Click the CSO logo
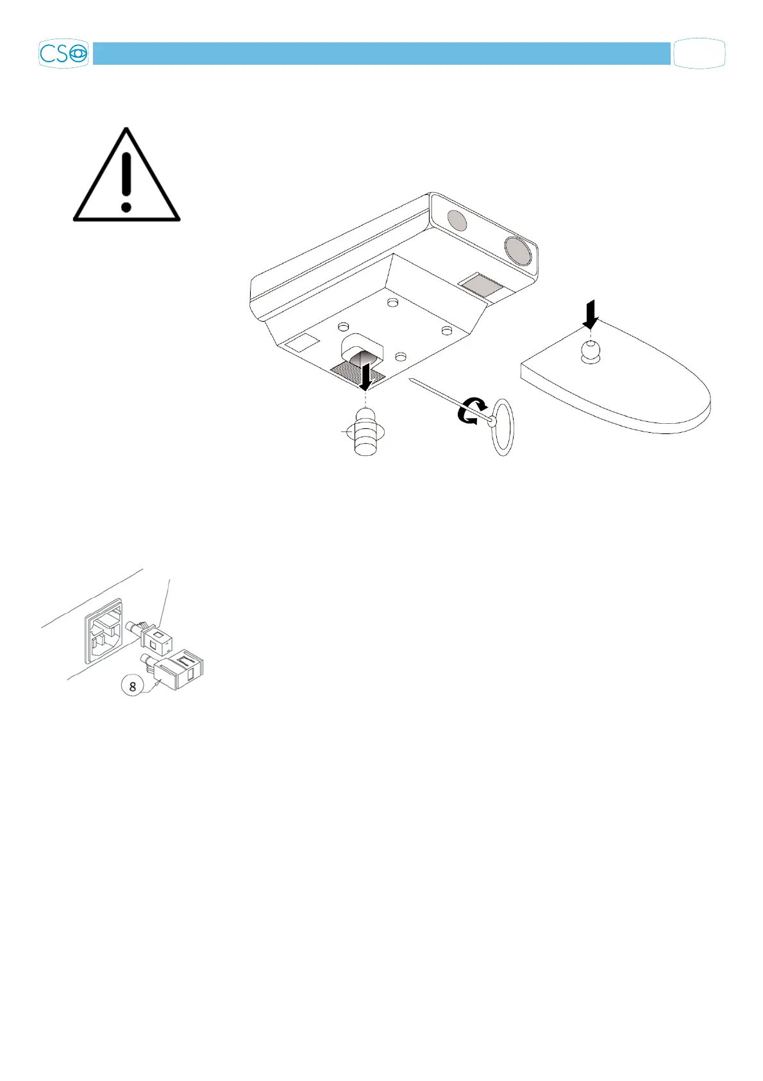[63, 54]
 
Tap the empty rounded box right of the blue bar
[700, 54]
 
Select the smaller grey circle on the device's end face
[456, 221]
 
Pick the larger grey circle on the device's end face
[517, 249]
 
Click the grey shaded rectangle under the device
[484, 285]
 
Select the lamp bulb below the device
[366, 434]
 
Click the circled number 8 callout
[133, 686]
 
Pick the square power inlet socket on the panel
[103, 630]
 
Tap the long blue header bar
[382, 54]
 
